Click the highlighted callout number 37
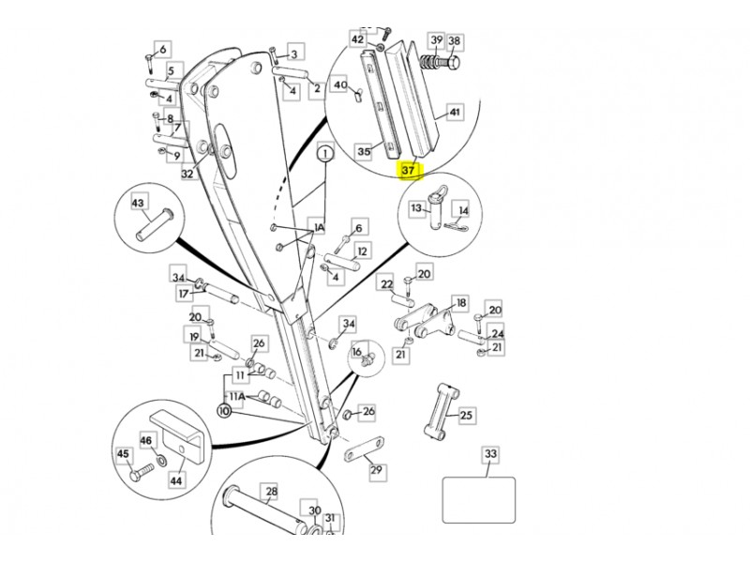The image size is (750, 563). click(x=408, y=171)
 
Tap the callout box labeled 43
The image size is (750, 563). click(x=138, y=203)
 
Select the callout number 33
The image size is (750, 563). click(x=489, y=455)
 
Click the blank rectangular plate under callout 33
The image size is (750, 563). click(x=479, y=500)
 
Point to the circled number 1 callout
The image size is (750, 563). click(x=324, y=153)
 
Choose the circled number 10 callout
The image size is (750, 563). click(x=224, y=411)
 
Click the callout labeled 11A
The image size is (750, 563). click(x=237, y=397)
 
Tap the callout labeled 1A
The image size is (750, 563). click(x=318, y=228)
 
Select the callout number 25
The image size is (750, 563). click(x=467, y=414)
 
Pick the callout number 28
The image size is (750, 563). click(x=270, y=491)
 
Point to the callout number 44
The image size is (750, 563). click(x=175, y=480)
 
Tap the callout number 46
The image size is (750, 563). click(x=146, y=439)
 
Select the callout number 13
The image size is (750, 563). click(x=417, y=208)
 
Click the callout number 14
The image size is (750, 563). click(x=462, y=213)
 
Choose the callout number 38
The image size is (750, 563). click(x=455, y=41)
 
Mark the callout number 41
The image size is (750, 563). click(x=455, y=113)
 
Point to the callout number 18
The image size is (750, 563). click(x=460, y=303)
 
